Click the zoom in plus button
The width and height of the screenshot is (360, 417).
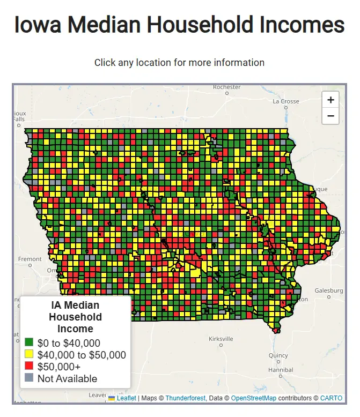coord(330,100)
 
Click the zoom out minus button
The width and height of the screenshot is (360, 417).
coord(330,116)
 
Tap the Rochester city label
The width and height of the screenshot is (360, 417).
coord(227,87)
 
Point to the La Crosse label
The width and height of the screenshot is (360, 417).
coord(286,101)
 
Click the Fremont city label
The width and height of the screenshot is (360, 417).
coord(30,259)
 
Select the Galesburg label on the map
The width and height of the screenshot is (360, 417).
coord(328,291)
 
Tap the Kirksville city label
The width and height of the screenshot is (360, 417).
coord(221,339)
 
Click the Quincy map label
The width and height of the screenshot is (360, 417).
coord(278,355)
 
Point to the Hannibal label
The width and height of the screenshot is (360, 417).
coord(281,370)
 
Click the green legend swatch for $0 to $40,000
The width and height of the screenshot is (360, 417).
coord(29,342)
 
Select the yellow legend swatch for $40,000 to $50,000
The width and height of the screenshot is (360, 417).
coord(29,354)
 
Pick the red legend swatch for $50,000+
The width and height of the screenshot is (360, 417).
coord(29,367)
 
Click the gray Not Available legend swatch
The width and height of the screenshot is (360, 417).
coord(29,378)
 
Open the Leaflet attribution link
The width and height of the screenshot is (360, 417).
coord(126,398)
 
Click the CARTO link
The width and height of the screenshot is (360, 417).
coord(331,398)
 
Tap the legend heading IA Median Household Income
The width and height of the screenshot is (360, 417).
coord(75,317)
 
